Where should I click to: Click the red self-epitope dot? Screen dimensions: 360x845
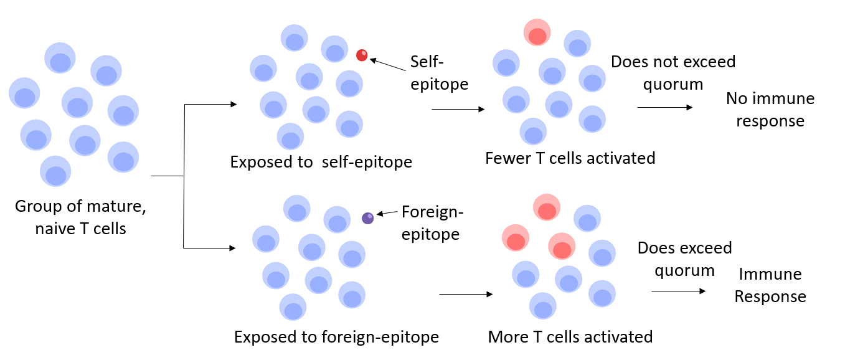coord(362,55)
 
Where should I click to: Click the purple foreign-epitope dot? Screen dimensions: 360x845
coord(368,218)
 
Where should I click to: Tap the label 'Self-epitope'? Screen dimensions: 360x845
coord(439,73)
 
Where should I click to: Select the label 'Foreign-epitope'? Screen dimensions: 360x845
coord(432,223)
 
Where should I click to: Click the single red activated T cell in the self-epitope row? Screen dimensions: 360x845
coord(537,32)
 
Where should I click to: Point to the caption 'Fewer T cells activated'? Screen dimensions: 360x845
coord(570,158)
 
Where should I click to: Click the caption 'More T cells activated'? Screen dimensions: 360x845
coord(570,337)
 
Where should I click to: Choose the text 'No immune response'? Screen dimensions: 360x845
coord(770,110)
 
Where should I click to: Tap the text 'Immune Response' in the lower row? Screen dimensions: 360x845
coord(770,285)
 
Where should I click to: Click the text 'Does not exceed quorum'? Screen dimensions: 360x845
coord(673,73)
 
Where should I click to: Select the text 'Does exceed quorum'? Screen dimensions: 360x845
coord(684,259)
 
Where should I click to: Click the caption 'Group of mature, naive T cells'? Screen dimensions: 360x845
coord(80,217)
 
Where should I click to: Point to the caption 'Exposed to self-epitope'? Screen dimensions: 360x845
coord(321,162)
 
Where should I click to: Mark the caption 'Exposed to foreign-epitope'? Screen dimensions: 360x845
coord(336,337)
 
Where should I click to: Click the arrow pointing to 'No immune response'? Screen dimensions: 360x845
coord(664,107)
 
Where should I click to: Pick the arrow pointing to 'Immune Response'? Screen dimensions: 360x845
coord(679,291)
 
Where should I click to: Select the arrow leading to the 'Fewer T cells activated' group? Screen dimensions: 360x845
coord(458,109)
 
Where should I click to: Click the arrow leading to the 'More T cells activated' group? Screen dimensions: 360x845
coord(466,294)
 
